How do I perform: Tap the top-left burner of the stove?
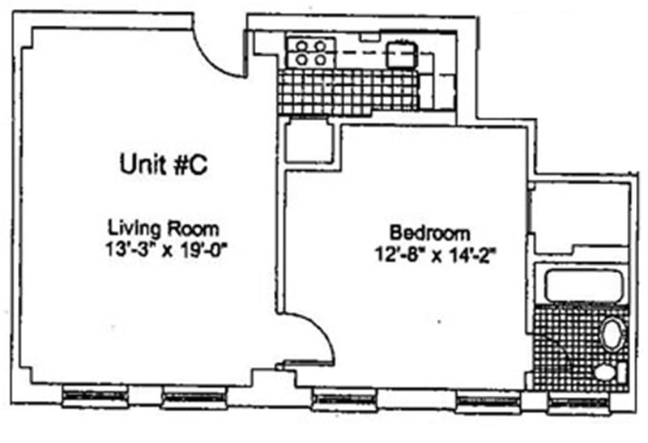[301, 46]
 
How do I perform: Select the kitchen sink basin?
[399, 54]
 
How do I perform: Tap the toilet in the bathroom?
[606, 372]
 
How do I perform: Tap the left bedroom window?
[344, 398]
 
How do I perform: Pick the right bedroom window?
[486, 400]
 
